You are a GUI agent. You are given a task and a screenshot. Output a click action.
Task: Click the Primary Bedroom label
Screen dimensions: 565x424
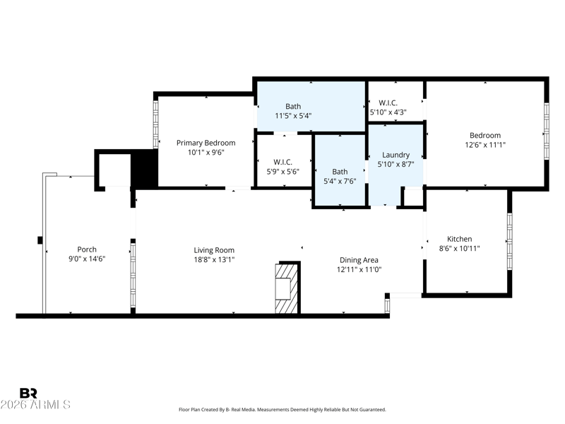pos(206,143)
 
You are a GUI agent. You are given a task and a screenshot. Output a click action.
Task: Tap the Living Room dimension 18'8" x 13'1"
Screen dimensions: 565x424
pos(215,259)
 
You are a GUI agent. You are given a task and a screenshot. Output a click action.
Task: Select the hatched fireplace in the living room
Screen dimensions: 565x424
pos(287,288)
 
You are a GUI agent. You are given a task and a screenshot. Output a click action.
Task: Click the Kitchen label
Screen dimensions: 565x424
pos(460,239)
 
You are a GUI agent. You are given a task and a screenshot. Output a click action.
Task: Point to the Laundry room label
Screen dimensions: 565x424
pos(395,155)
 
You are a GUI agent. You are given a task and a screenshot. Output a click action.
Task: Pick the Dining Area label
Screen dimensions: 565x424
pos(359,260)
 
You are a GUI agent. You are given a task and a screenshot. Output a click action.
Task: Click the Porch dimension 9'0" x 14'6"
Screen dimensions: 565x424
pos(87,259)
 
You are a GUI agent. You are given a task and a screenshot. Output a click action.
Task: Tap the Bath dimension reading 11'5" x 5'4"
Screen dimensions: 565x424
pos(293,116)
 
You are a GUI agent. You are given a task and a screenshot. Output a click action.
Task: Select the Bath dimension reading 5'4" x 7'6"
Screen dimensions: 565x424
pos(340,181)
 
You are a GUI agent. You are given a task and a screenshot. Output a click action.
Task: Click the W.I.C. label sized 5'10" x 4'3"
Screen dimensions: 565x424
pos(388,102)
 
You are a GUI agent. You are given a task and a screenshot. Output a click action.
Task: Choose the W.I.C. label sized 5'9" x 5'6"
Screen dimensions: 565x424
pos(283,163)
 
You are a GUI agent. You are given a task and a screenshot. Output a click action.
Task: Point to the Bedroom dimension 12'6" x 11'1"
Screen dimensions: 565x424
pos(485,145)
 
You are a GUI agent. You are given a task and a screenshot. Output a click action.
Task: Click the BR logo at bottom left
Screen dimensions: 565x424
pos(28,393)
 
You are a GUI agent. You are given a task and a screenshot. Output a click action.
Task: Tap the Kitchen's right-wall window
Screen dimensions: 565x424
pos(509,241)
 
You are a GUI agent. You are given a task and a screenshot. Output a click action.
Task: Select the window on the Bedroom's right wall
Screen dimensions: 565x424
pos(546,131)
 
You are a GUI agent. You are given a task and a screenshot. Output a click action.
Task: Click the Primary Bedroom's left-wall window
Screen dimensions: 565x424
pos(155,124)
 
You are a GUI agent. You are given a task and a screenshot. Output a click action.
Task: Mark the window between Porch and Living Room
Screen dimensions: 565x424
pos(133,276)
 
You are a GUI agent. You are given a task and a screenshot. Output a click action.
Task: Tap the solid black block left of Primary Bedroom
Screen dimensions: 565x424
pos(144,169)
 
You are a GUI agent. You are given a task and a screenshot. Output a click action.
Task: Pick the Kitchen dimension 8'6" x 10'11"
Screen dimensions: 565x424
pos(460,249)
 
